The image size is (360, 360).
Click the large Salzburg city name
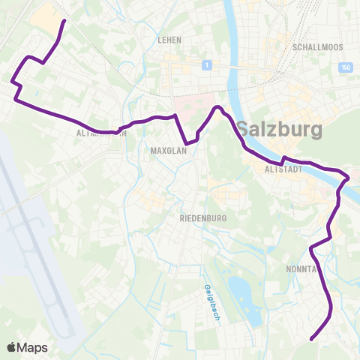280,129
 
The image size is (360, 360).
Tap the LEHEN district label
170,40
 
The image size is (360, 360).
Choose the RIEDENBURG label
203,218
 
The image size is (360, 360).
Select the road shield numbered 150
344,67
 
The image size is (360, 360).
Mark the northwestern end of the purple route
62,21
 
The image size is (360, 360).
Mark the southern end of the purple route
311,338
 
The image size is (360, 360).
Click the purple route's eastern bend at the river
346,178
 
